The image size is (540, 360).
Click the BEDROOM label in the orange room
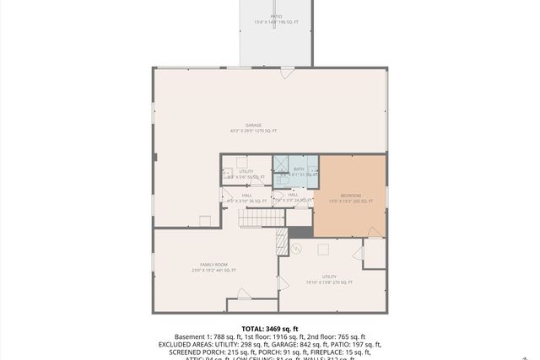(x=350, y=198)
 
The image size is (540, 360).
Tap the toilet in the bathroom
(x=286, y=180)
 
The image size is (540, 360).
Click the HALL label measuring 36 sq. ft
(x=246, y=198)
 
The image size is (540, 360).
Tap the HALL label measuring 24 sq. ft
(x=293, y=198)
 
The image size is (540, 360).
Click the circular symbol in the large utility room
(x=296, y=248)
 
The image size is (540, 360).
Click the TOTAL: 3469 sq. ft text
(x=270, y=328)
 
